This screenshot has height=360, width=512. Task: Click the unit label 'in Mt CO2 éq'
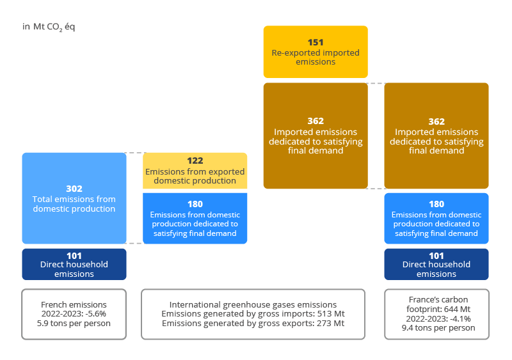(x=49, y=27)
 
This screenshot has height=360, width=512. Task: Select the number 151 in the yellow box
(x=316, y=43)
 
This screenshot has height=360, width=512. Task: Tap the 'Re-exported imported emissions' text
(x=316, y=58)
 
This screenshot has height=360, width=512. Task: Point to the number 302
(x=74, y=189)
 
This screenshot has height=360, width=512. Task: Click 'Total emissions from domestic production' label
(x=74, y=204)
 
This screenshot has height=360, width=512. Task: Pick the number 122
(x=195, y=161)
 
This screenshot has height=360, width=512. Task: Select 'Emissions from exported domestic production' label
(x=195, y=176)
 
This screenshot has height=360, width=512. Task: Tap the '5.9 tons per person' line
(x=74, y=323)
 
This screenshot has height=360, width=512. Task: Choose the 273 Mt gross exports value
(x=333, y=323)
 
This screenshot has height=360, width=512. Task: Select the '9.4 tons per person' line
(x=436, y=327)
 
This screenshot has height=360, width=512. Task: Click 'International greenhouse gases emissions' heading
(x=253, y=304)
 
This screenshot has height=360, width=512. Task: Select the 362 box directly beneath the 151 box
(x=316, y=136)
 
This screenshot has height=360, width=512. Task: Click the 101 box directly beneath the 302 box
(x=74, y=264)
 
